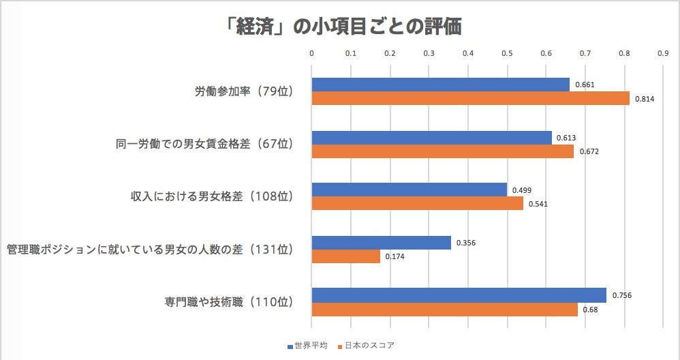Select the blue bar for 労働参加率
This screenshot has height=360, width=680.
(440, 85)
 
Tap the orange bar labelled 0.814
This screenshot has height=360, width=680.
(470, 98)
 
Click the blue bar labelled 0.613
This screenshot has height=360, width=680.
(431, 138)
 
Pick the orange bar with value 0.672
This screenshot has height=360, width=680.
(442, 151)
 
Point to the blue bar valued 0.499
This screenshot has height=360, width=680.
(409, 190)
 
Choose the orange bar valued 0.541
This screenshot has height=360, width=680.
(417, 203)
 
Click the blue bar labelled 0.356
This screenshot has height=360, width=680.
(381, 242)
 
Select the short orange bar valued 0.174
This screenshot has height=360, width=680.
(345, 256)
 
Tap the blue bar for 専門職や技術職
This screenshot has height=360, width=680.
(459, 295)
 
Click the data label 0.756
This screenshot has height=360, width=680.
(621, 295)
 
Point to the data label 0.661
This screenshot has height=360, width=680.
(583, 85)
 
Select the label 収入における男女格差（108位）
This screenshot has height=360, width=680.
(211, 196)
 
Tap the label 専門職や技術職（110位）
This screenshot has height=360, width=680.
(219, 301)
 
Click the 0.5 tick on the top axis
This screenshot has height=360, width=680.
(507, 52)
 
